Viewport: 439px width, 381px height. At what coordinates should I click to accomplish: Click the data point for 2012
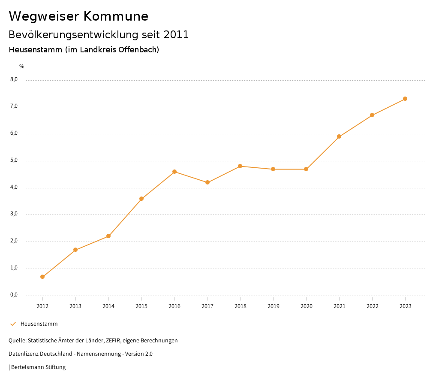[x=42, y=277]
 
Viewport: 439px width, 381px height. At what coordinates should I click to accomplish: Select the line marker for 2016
[x=174, y=172]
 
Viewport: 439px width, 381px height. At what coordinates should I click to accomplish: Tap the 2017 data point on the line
[x=207, y=182]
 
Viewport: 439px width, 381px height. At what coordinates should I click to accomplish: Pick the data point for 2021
[x=339, y=136]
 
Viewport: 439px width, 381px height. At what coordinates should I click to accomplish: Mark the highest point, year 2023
[x=405, y=99]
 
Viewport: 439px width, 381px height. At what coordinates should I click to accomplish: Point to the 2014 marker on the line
[x=108, y=236]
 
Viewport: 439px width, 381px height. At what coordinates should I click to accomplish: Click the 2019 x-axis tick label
[x=273, y=306]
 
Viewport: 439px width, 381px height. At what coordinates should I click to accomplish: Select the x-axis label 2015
[x=141, y=306]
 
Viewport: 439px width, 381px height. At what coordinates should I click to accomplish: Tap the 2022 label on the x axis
[x=372, y=306]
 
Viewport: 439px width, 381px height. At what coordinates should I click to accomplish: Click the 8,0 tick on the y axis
[x=14, y=79]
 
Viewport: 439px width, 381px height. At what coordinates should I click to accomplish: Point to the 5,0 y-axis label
[x=14, y=160]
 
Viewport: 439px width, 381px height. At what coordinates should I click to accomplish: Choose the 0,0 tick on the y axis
[x=14, y=295]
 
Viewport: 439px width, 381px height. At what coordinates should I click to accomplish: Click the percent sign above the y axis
[x=22, y=66]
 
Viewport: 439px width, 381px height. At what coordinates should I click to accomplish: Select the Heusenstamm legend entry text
[x=39, y=324]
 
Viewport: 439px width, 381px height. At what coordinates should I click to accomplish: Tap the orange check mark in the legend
[x=13, y=324]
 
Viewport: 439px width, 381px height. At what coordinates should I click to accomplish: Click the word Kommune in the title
[x=116, y=16]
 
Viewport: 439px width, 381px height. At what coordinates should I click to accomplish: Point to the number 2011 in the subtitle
[x=176, y=34]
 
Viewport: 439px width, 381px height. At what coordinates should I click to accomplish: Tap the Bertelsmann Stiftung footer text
[x=38, y=367]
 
